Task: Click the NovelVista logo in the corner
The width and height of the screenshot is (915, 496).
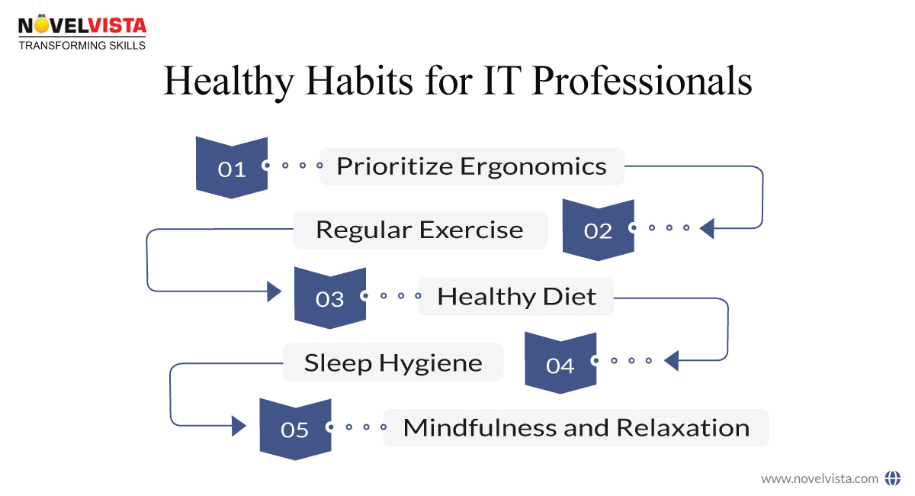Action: coord(82,26)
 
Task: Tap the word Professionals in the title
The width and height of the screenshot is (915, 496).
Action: coord(642,82)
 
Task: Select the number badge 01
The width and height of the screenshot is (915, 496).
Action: coord(232,167)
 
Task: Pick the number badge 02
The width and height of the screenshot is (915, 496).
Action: coord(598,229)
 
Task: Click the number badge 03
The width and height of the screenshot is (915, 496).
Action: coord(329,298)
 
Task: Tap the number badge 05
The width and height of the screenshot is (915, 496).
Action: coord(294,429)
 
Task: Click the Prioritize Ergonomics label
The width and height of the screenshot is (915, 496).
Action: coord(471,166)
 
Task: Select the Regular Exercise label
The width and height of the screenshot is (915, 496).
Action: coord(420,230)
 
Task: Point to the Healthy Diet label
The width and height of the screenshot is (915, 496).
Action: coord(516,297)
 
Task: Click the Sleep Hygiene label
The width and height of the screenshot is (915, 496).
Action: coord(393,362)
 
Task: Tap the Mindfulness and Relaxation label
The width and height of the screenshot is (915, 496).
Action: coord(576,428)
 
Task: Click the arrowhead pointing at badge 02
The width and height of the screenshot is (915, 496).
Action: coord(706,228)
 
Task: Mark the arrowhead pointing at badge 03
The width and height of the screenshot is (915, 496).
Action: coord(274,291)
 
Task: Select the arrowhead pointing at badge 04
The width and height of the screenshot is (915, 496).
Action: coord(670,360)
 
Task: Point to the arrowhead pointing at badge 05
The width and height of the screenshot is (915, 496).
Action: coord(239,425)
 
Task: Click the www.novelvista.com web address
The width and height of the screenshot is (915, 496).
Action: coord(820,478)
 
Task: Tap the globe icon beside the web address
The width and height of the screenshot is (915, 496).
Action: coord(892,478)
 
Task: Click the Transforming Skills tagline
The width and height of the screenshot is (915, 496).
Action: coord(82,46)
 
